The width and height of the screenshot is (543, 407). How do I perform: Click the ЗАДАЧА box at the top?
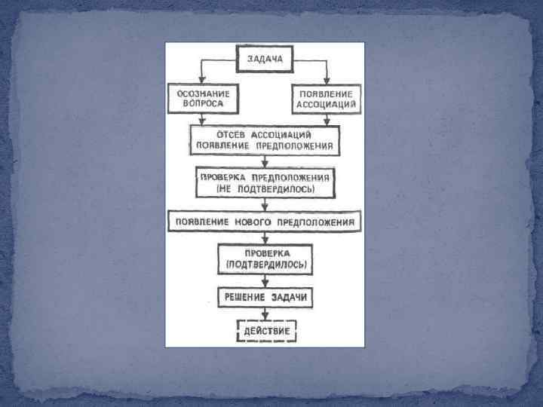(x=263, y=58)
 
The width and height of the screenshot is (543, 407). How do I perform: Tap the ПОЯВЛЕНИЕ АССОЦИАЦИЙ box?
(x=326, y=99)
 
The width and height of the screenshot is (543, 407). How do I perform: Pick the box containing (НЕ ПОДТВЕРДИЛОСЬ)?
(x=263, y=182)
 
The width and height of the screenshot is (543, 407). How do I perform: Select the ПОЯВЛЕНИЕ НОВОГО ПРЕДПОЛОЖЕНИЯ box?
(x=264, y=222)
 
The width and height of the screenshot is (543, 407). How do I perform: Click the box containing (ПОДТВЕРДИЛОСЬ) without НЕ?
(x=264, y=259)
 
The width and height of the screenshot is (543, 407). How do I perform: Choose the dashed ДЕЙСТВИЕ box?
(x=265, y=331)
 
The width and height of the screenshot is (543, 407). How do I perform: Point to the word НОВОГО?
(x=259, y=222)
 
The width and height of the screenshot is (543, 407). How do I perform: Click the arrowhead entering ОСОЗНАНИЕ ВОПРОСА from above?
(x=201, y=80)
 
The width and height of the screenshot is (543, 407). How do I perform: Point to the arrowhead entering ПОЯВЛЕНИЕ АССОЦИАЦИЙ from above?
(x=327, y=80)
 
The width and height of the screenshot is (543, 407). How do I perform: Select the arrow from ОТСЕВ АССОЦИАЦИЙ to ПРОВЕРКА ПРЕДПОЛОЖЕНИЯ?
(x=264, y=160)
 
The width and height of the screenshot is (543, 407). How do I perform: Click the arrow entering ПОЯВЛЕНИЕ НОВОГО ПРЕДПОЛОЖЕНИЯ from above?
(x=264, y=205)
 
